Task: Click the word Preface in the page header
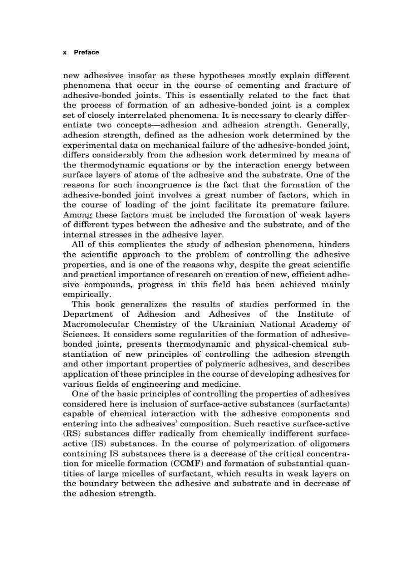pyautogui.click(x=86, y=52)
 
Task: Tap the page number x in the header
pyautogui.click(x=64, y=52)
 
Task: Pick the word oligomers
pyautogui.click(x=328, y=443)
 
